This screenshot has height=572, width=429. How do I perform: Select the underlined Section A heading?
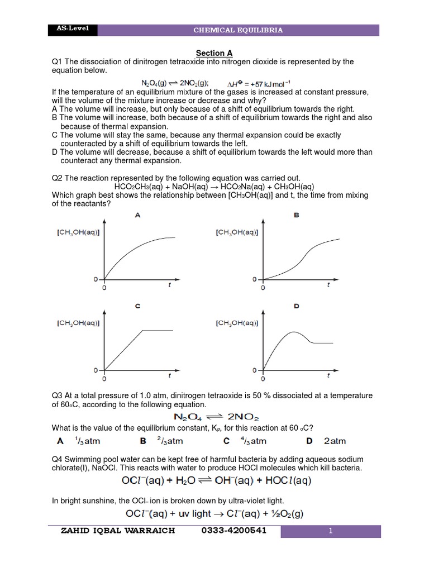click(214, 53)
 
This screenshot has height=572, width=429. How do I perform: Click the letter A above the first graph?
click(137, 214)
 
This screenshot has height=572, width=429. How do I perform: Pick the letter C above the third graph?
click(137, 306)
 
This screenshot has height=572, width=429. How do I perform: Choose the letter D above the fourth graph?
click(296, 306)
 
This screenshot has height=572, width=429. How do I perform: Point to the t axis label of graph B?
click(328, 285)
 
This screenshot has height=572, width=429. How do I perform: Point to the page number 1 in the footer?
click(330, 531)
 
